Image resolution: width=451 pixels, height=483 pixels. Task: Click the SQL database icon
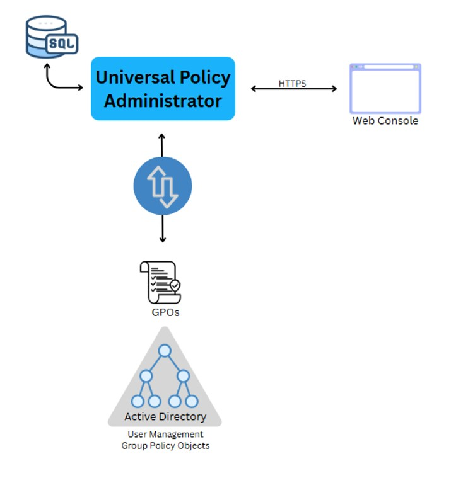[x=52, y=37]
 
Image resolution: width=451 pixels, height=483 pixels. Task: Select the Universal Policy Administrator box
[x=163, y=88]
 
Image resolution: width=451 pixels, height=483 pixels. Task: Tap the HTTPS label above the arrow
[x=292, y=83]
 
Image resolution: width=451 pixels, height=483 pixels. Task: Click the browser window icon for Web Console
[x=385, y=88]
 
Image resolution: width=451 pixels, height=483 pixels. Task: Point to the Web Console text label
[x=385, y=121]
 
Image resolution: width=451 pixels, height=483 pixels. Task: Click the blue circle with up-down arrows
[x=163, y=186]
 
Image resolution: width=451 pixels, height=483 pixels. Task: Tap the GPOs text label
[x=163, y=312]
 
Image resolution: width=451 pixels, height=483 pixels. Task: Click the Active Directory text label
[x=165, y=416]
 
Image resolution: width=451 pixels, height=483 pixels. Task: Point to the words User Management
[x=165, y=435]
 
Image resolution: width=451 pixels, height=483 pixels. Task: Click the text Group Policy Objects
[x=165, y=446]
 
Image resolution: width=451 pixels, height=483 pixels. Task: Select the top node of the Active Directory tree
[x=165, y=351]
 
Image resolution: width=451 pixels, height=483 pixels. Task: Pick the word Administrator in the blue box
[x=163, y=101]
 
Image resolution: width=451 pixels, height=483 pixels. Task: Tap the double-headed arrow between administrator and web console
[x=294, y=89]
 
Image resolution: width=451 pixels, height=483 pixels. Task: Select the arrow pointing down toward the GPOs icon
[x=163, y=230]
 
